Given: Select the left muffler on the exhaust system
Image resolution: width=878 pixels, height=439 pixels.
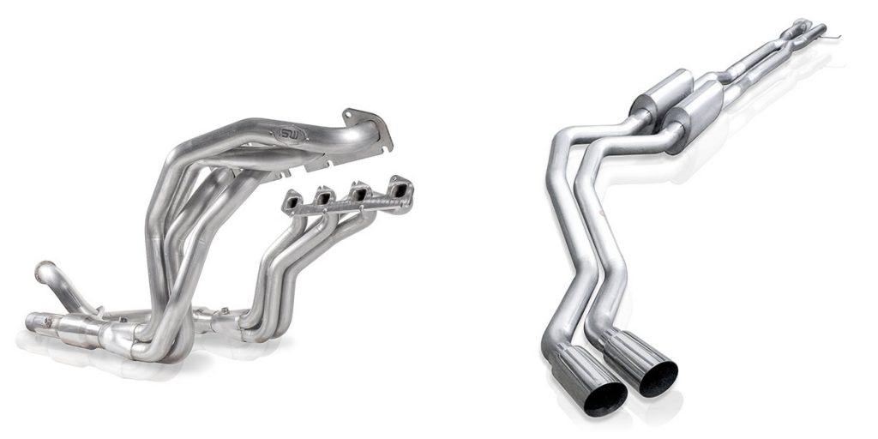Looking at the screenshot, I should point(658,99).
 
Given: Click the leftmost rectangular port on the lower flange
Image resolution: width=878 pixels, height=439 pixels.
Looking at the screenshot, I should point(294,202).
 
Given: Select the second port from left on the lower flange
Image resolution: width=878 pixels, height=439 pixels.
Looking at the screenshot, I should point(326,198).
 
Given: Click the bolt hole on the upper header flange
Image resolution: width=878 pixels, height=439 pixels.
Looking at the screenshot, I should point(349,113).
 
